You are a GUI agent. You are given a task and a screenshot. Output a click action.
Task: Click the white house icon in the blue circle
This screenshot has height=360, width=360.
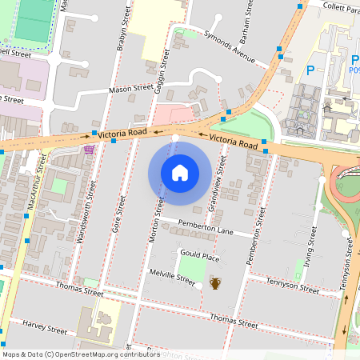pos(179,173)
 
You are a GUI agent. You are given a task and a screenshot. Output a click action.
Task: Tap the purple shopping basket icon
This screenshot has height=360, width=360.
pos(88,149)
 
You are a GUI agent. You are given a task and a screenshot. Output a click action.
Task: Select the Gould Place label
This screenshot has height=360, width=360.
pos(199,257)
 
